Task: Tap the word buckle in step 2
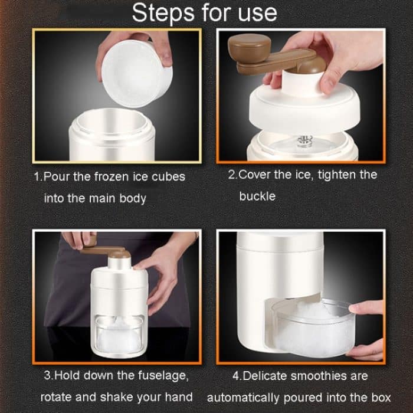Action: click(257, 196)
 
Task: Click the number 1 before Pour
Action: click(37, 176)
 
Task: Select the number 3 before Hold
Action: click(47, 376)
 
